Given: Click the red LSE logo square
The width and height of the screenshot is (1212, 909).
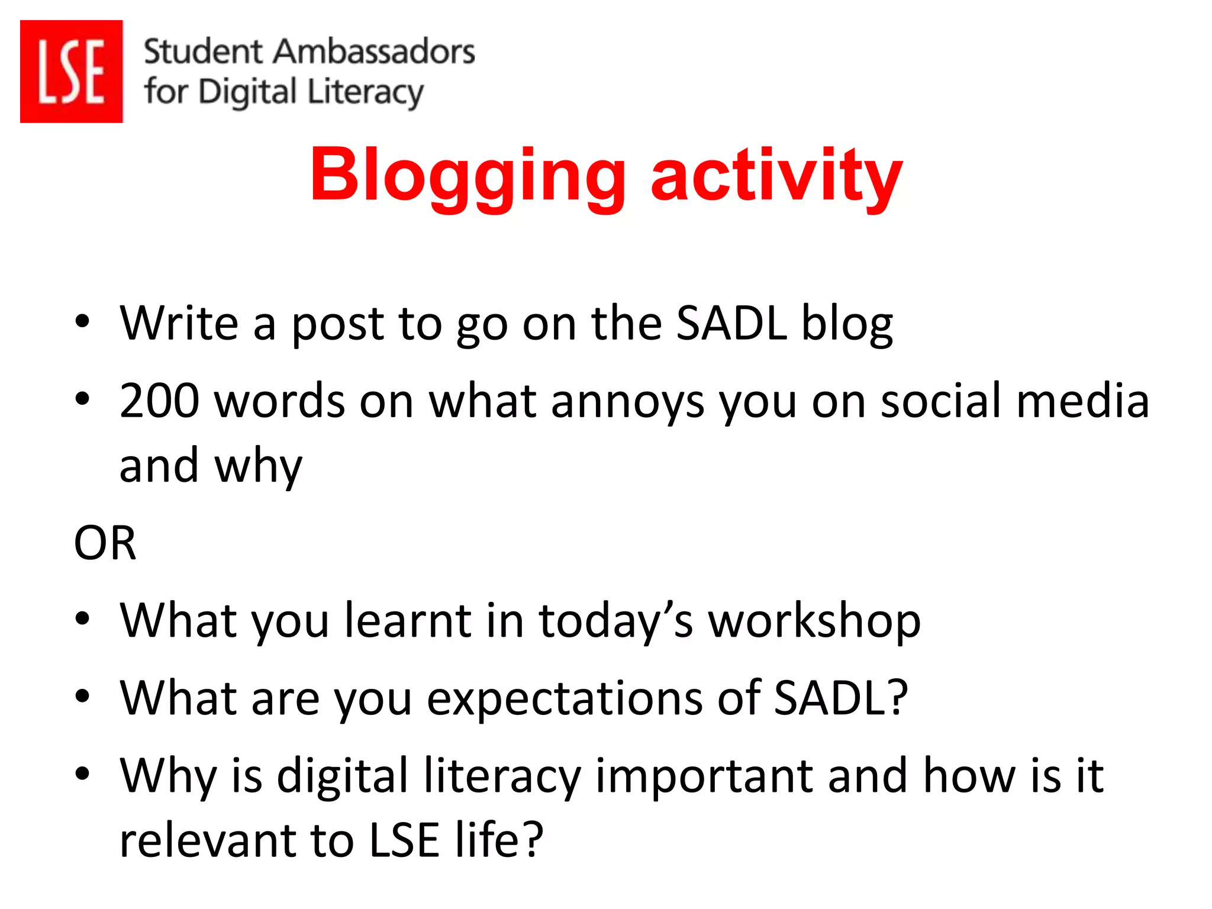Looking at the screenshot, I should (71, 71).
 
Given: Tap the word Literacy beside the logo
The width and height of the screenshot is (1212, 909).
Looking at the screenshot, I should (365, 94).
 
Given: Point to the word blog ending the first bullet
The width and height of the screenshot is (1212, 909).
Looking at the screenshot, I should (846, 324).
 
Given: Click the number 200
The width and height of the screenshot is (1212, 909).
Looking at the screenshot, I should (159, 401).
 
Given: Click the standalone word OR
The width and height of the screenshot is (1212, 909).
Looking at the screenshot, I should (105, 543).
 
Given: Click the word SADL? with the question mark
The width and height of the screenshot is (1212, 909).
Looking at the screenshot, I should (840, 698).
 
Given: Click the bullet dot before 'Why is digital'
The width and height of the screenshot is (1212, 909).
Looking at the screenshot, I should (82, 773).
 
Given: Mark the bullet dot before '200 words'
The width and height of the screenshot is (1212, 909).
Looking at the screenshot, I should (82, 399).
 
